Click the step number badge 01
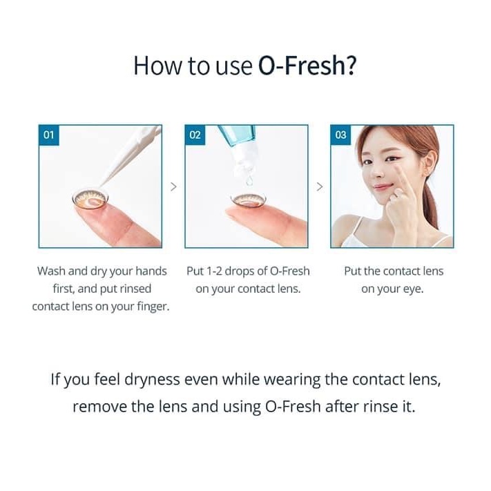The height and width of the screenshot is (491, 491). [x=49, y=135]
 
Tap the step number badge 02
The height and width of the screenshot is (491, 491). [x=195, y=135]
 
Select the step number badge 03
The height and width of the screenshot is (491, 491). [x=340, y=135]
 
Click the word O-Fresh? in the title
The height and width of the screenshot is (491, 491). [x=307, y=66]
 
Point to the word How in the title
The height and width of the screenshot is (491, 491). [x=157, y=66]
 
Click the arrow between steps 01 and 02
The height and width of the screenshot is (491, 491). [x=173, y=186]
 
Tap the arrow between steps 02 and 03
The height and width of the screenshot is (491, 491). [x=320, y=186]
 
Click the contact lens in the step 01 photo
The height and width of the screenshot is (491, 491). [x=90, y=199]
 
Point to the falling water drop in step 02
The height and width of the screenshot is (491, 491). [x=249, y=181]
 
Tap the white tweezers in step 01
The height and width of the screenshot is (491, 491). [x=131, y=155]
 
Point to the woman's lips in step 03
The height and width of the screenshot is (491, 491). [x=383, y=187]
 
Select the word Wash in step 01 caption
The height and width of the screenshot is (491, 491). [x=51, y=271]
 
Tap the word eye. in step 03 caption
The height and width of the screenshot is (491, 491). [x=413, y=289]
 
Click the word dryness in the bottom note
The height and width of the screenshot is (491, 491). [x=152, y=380]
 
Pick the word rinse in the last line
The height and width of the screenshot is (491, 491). [x=379, y=407]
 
